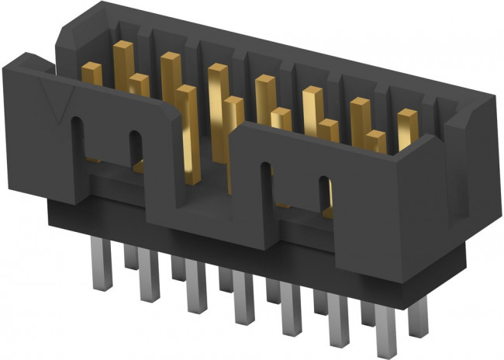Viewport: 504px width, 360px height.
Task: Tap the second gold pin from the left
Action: (123, 48)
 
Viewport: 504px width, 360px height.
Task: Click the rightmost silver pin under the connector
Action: (419, 310)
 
